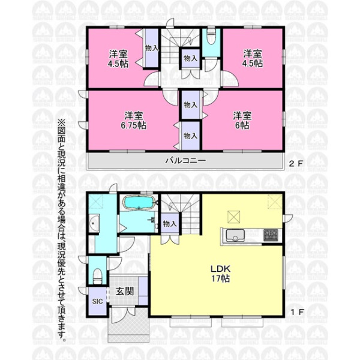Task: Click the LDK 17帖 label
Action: point(220,274)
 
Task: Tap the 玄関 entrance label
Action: point(125,292)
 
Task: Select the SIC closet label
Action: point(97,301)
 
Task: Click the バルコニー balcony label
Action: point(185,160)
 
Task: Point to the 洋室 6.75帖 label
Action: point(134,121)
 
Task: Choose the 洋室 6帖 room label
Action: point(242,121)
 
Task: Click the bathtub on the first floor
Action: point(139,202)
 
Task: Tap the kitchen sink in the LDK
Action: point(235,236)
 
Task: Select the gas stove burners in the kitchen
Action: point(271,235)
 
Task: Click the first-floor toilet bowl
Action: point(98,276)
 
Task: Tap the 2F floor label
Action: point(296,163)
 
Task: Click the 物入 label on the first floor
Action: point(170,223)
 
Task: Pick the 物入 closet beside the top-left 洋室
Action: point(152,48)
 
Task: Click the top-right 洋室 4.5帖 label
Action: point(253,58)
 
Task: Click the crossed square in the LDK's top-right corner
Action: point(275,202)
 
